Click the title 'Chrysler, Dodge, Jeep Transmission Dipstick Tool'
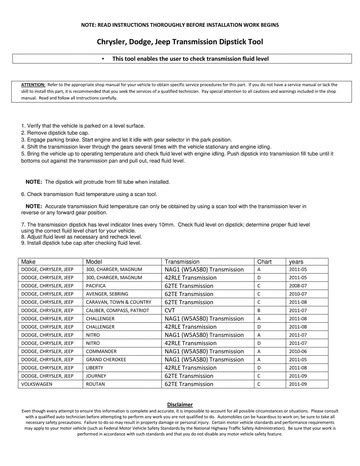coord(180,44)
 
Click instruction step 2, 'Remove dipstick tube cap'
coord(60,132)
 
